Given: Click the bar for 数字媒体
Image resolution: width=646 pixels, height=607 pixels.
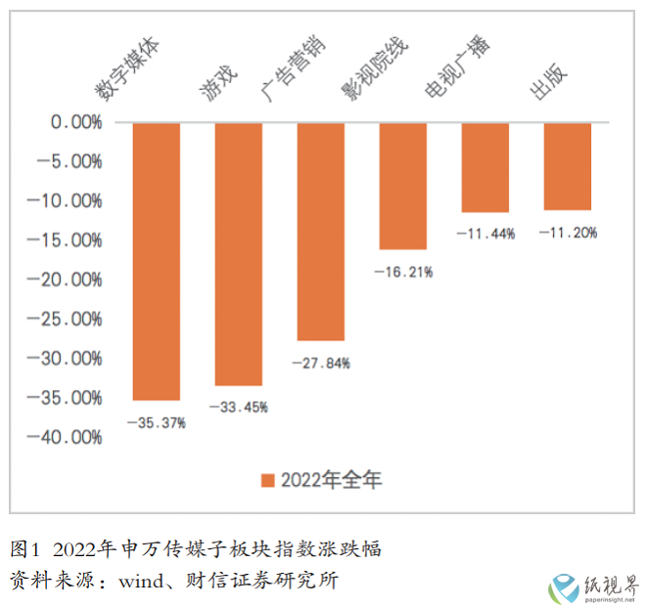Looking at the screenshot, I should pyautogui.click(x=156, y=261).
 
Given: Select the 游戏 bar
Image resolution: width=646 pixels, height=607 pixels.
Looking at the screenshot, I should pyautogui.click(x=238, y=254).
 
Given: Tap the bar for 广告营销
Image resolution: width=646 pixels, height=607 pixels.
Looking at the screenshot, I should pyautogui.click(x=320, y=232).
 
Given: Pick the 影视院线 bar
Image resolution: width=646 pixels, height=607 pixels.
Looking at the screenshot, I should pyautogui.click(x=402, y=186).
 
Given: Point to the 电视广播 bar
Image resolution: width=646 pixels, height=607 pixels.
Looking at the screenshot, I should pyautogui.click(x=484, y=167).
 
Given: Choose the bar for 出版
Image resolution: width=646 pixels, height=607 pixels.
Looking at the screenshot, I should pyautogui.click(x=567, y=166).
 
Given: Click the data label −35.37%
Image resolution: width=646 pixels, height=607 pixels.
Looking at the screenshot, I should pyautogui.click(x=156, y=422).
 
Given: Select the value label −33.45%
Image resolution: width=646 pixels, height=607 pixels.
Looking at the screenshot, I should pyautogui.click(x=238, y=407).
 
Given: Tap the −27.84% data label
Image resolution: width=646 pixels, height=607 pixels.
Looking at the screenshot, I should pyautogui.click(x=320, y=363).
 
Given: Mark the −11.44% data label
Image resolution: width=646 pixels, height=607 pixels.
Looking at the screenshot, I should pyautogui.click(x=484, y=233).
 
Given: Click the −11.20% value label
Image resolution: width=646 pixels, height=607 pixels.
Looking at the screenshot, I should pyautogui.click(x=567, y=233).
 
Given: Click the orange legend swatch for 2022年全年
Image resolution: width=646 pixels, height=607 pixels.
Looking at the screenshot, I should pyautogui.click(x=267, y=480).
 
